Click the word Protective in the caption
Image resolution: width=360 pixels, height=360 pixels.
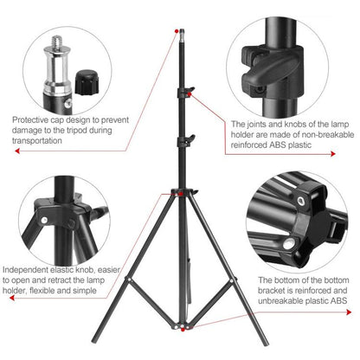[x=33, y=120]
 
